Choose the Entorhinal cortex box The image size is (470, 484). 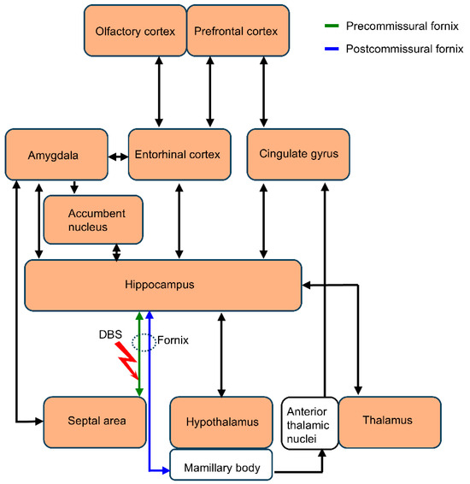(x=179, y=155)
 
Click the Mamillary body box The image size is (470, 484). (x=221, y=468)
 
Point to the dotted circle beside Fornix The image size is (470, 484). (x=147, y=342)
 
